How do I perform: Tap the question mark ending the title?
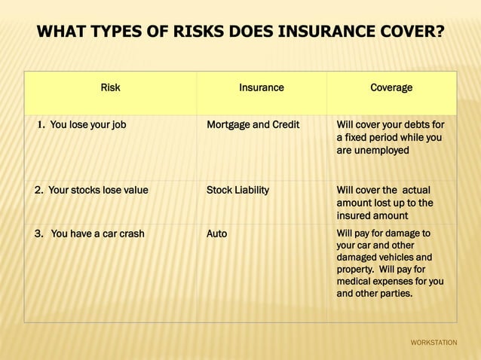pyautogui.click(x=439, y=32)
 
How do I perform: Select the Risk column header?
pyautogui.click(x=110, y=87)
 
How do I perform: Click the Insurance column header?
pyautogui.click(x=262, y=87)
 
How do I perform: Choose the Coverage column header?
pyautogui.click(x=391, y=87)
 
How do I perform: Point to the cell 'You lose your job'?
pyautogui.click(x=87, y=125)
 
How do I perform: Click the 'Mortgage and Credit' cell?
pyautogui.click(x=253, y=125)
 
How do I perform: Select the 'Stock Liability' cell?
pyautogui.click(x=237, y=190)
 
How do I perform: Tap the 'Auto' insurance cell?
pyautogui.click(x=216, y=233)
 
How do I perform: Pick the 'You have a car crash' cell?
pyautogui.click(x=97, y=233)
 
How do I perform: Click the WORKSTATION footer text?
pyautogui.click(x=434, y=343)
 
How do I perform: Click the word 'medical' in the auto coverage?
pyautogui.click(x=354, y=281)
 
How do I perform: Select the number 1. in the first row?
pyautogui.click(x=41, y=125)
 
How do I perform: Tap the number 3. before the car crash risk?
pyautogui.click(x=39, y=233)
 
